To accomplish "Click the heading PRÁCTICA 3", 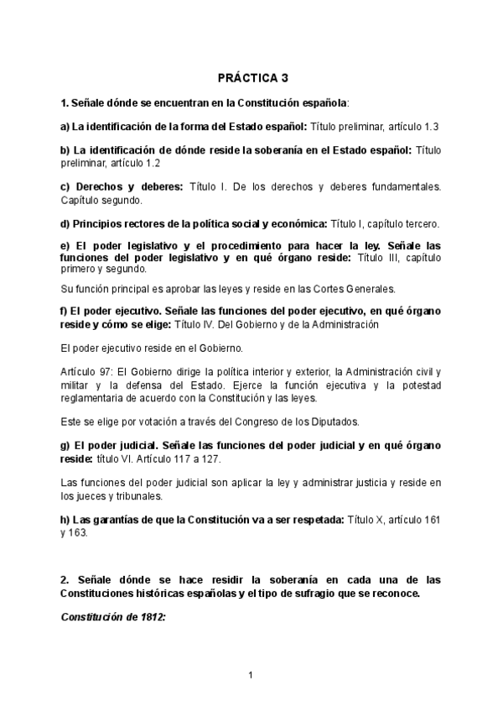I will click(251, 77).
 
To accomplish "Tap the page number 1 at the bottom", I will click(251, 674).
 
